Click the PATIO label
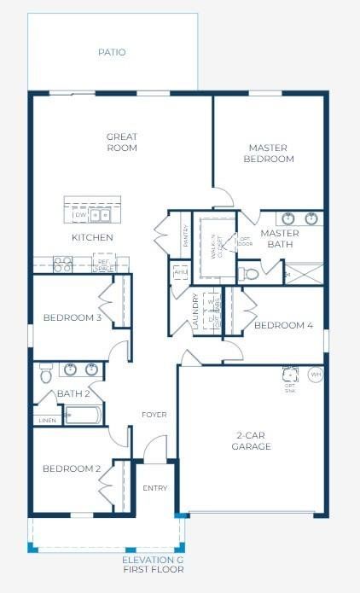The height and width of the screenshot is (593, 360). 112,52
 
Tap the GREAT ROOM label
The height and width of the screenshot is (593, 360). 122,142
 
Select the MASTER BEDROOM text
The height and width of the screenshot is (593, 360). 269,153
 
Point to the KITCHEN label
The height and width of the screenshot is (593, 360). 92,237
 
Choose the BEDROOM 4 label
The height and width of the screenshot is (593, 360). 283,325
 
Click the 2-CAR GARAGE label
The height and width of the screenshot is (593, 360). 252,440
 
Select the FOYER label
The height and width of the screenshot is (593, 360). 154,415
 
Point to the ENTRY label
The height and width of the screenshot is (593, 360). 155,488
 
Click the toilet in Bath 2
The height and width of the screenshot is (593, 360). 46,373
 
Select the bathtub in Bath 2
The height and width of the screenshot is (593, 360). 84,416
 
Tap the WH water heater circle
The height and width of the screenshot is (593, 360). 315,374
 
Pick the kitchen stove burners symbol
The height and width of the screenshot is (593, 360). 62,264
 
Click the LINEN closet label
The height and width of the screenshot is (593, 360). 48,420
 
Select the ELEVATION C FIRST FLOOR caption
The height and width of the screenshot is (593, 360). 154,564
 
